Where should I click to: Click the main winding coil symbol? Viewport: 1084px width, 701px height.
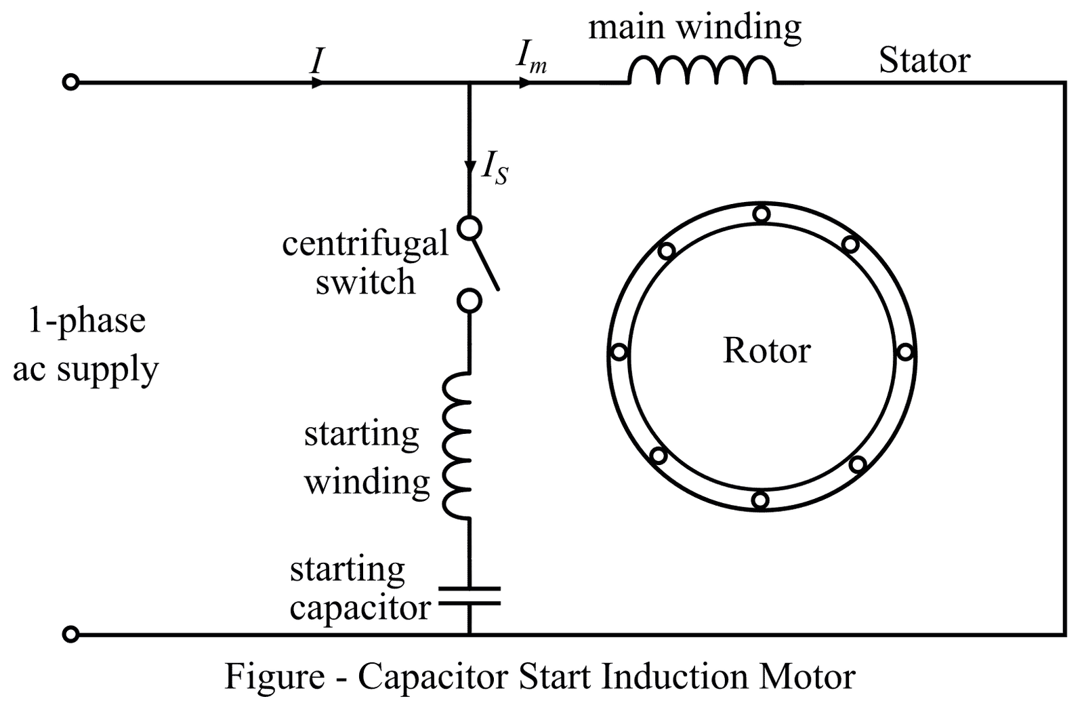[702, 71]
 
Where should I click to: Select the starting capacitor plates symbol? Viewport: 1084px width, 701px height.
[470, 596]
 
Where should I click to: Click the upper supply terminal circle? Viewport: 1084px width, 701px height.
[70, 83]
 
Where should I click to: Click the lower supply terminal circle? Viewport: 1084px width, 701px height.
[70, 635]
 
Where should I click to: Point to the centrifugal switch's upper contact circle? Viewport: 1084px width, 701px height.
[470, 227]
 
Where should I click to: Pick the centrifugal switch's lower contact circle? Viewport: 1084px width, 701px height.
[470, 300]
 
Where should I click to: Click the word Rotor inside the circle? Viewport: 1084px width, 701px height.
[766, 350]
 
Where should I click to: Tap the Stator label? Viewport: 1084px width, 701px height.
[924, 60]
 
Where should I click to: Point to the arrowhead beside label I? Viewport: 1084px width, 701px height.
[316, 83]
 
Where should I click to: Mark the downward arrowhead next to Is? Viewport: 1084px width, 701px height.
[470, 167]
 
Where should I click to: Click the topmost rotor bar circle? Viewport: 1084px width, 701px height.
[762, 214]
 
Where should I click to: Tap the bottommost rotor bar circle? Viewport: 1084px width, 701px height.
[760, 500]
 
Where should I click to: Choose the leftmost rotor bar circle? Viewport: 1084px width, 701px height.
[619, 352]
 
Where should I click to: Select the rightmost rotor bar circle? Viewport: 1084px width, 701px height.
[906, 352]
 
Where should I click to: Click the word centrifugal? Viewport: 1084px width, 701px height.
[365, 243]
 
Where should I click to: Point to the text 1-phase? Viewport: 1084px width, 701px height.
[87, 320]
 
